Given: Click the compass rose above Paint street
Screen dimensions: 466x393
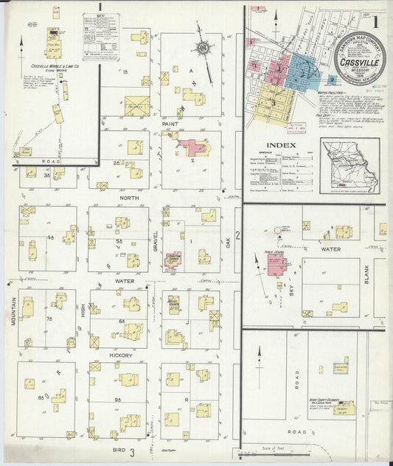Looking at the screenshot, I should click(202, 49).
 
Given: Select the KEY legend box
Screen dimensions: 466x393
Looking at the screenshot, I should click(101, 36).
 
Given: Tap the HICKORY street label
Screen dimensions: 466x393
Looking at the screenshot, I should click(122, 355).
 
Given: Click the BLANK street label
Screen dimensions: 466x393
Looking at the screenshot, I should click(366, 274).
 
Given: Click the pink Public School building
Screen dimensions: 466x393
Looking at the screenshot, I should click(277, 265).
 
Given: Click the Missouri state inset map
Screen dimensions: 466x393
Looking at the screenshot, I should click(349, 165).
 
